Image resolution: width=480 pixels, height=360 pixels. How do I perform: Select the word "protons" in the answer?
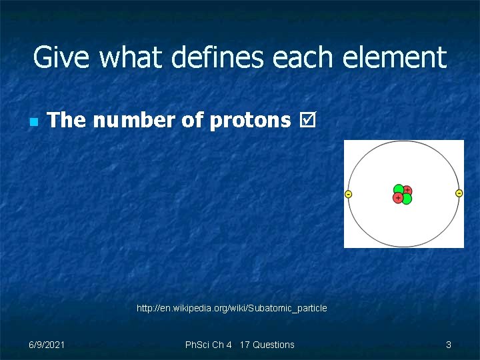250,120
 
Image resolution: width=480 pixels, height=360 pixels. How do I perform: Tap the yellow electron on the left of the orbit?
348,194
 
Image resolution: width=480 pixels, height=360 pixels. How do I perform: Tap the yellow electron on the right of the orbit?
459,193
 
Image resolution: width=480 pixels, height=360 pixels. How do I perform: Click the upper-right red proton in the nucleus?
407,190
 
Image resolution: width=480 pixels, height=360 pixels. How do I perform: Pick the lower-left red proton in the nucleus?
398,198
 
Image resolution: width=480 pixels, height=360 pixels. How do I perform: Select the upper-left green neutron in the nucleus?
399,189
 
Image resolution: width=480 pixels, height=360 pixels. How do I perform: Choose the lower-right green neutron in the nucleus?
407,199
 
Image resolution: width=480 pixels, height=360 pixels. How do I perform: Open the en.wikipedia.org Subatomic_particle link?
231,308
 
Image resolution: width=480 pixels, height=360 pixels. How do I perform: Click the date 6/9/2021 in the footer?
47,345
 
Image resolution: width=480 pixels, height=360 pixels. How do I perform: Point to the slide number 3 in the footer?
448,345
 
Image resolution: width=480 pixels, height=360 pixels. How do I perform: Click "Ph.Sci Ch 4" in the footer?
209,345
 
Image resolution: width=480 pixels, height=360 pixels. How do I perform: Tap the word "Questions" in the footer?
273,345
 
